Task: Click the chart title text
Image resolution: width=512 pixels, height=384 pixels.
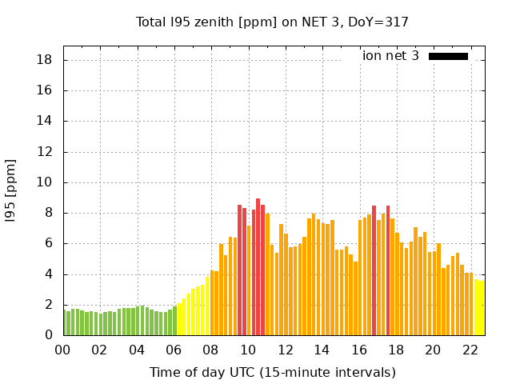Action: pos(273,22)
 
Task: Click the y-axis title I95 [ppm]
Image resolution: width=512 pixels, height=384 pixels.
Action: pos(11,191)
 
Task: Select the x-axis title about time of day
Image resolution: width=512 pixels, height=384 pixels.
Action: pos(273,372)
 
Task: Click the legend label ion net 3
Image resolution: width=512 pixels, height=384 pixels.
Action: pos(390,56)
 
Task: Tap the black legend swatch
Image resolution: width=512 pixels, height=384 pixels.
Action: pos(448,56)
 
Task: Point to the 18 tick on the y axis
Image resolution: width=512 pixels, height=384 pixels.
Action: pos(45,60)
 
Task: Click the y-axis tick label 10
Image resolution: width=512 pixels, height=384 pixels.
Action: pos(45,182)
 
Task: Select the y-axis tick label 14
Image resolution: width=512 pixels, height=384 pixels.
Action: pos(45,122)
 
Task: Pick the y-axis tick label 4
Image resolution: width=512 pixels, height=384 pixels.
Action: pos(49,274)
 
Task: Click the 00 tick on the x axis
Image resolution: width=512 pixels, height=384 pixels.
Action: pos(63,350)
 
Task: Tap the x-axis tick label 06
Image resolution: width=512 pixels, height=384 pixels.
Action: pos(174,350)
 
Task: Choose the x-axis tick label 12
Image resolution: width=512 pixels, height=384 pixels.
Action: pos(285,350)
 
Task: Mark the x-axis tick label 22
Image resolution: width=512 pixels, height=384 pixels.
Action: pos(470,350)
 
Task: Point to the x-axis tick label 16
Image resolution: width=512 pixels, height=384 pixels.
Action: pos(359,350)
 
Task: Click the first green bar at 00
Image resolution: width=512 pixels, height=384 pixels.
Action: pos(65,322)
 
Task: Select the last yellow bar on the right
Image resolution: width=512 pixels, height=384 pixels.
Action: pos(481,308)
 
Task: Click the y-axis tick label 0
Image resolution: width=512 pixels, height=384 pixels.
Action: pos(49,335)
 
